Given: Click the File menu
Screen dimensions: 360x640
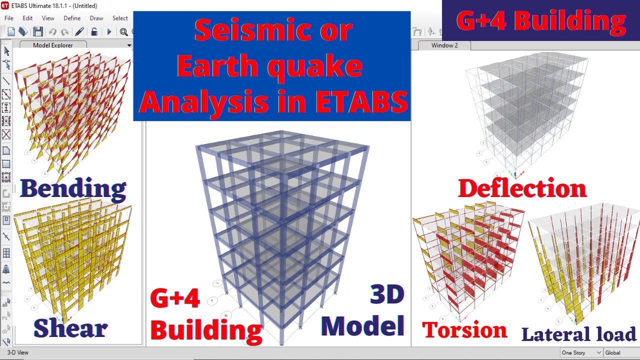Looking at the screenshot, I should [9, 18].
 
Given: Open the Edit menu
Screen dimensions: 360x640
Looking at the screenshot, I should [27, 18].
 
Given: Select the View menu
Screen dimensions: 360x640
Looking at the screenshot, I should [48, 18].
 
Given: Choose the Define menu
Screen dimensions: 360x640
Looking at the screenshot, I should [72, 18].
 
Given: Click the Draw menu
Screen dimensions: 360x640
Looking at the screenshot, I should [96, 18].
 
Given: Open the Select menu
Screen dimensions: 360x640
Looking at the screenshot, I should [120, 18].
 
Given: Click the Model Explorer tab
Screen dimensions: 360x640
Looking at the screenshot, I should [52, 45].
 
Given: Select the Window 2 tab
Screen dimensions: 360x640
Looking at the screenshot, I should [444, 45].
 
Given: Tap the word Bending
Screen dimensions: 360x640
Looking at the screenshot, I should [73, 189].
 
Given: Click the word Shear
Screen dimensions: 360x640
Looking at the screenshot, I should [70, 328].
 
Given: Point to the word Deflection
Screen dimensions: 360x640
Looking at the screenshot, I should [522, 188].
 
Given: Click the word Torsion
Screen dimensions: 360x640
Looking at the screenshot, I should [464, 330].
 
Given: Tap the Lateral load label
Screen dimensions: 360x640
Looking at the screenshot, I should [578, 334].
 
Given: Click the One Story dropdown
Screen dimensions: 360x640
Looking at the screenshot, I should [580, 352].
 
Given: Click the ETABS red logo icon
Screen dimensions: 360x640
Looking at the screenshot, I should [5, 6].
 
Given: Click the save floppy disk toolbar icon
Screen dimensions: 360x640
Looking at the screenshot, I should [38, 32].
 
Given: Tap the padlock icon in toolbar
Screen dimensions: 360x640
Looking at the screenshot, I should [94, 32].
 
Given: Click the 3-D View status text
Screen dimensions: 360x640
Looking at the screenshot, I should [18, 352].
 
